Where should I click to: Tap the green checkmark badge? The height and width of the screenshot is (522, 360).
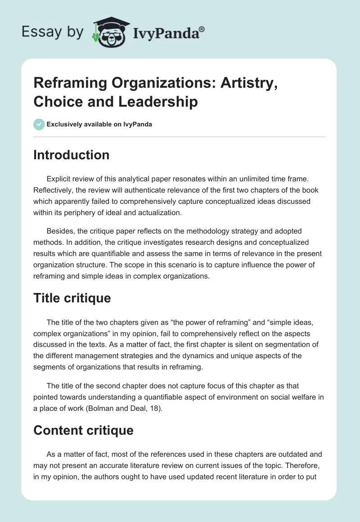pos(39,124)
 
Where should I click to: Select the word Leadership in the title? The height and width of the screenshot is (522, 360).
pos(158,102)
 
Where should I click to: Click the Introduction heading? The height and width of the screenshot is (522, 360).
pos(71,155)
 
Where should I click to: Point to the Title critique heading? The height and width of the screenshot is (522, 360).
pos(72,298)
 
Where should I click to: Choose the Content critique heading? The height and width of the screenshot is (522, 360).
pos(83,430)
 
